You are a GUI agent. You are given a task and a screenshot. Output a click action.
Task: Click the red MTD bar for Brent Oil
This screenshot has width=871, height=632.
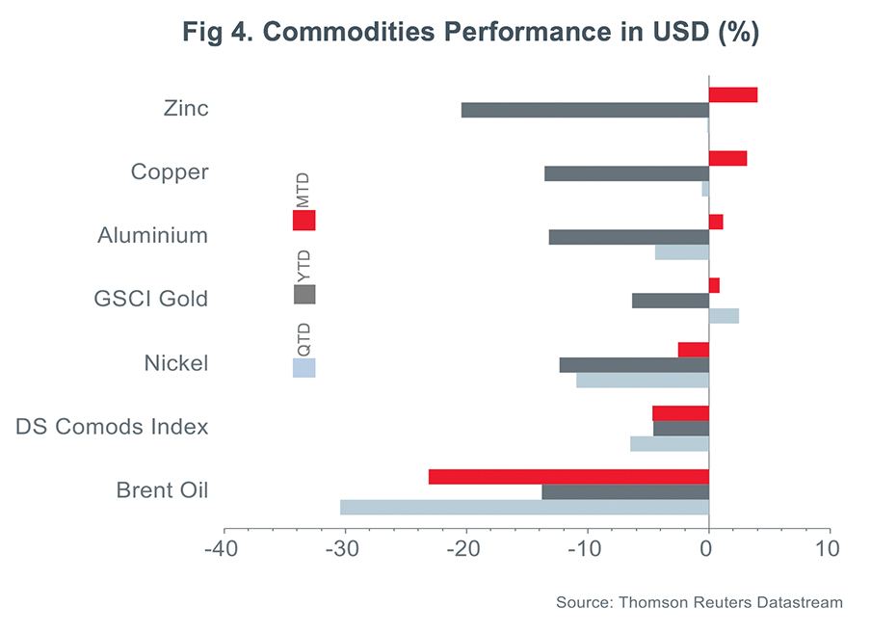tap(568, 477)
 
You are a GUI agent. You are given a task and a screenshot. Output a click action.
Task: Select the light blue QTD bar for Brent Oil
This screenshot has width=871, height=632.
tap(524, 507)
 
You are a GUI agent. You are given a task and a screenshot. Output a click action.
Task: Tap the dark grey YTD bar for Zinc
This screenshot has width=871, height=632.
tap(585, 110)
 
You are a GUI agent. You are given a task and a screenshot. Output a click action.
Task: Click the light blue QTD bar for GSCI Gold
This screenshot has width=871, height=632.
tap(724, 316)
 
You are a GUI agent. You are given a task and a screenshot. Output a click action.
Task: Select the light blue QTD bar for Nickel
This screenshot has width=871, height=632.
tap(643, 380)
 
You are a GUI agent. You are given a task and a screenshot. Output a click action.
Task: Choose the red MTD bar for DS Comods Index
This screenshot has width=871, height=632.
tap(680, 413)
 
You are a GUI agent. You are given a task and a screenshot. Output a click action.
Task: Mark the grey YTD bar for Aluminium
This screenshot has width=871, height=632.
tap(628, 237)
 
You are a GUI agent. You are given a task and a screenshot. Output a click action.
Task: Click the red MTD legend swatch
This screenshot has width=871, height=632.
tap(304, 221)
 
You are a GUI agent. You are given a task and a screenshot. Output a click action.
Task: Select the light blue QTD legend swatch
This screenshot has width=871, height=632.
tap(304, 368)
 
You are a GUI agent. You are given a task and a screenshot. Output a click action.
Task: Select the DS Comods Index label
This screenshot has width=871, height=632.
tap(112, 427)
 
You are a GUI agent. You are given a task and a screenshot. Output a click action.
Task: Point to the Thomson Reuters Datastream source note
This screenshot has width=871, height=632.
tap(699, 603)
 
